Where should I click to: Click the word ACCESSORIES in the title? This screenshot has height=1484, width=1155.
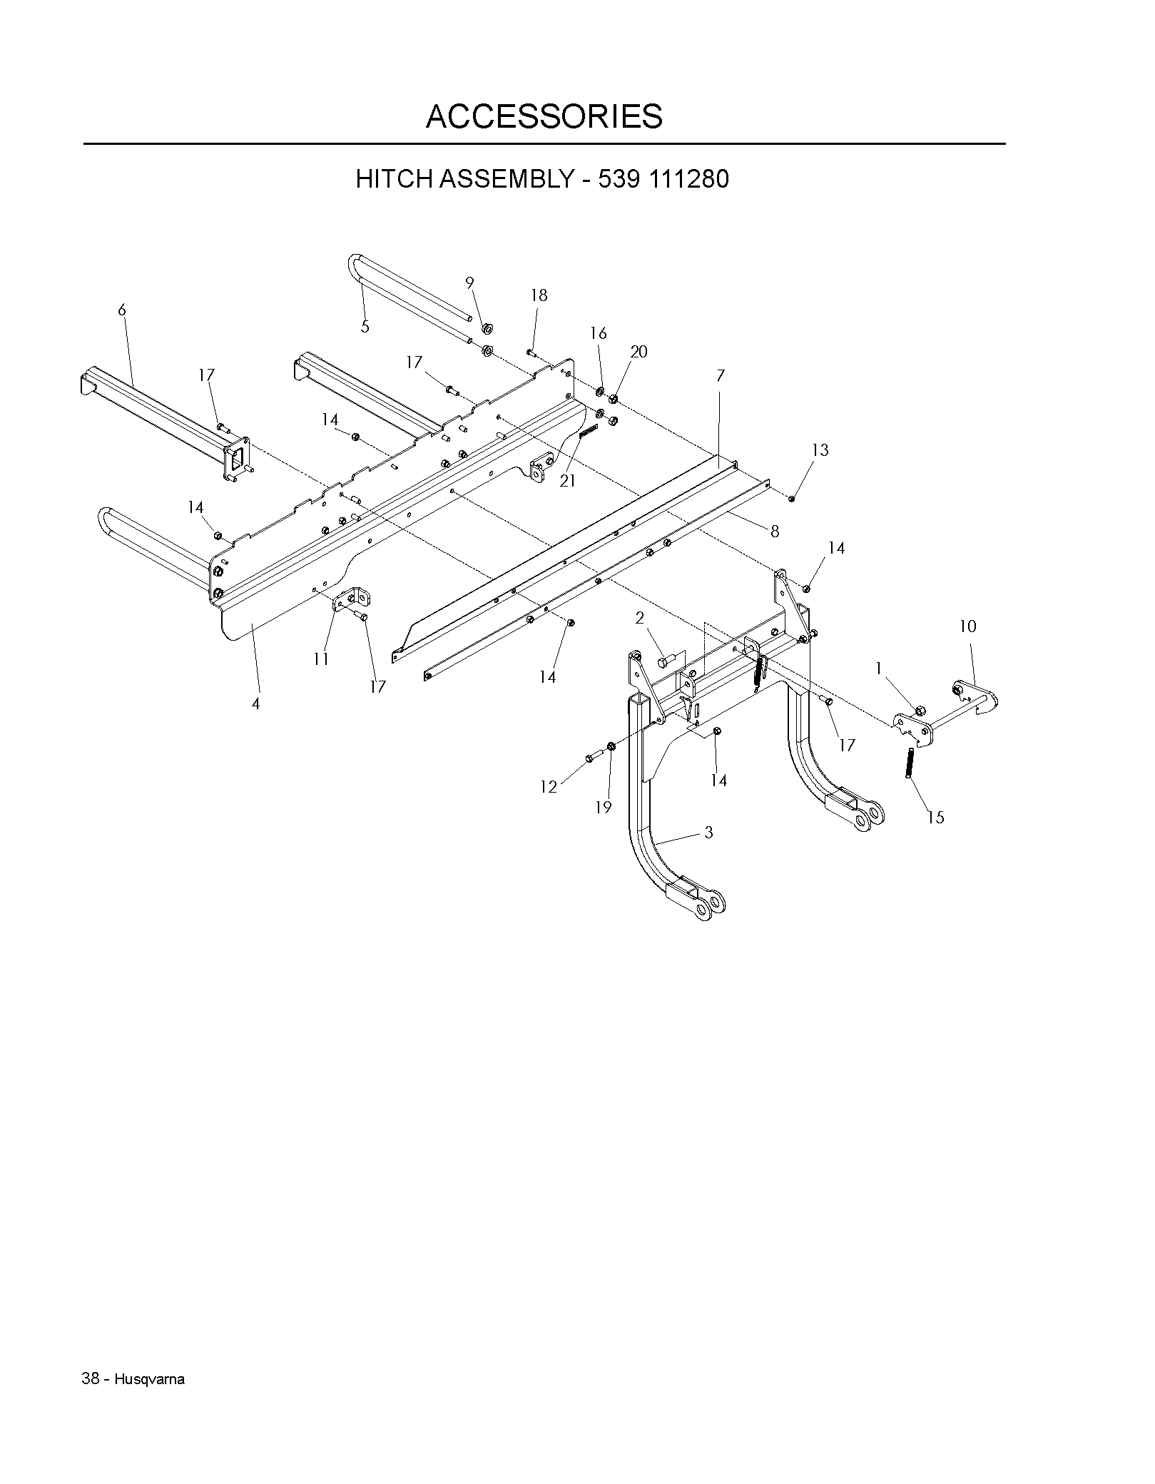coord(544,116)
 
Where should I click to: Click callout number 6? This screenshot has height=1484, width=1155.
coord(122,310)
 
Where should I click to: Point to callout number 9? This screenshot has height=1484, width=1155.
coord(469,283)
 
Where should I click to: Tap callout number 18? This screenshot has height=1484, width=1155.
coord(539,295)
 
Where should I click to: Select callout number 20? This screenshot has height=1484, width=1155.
coord(638,352)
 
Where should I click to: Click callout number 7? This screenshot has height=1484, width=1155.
coord(721,375)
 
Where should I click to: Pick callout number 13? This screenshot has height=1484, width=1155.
coord(820,450)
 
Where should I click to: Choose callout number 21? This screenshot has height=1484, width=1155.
coord(567,482)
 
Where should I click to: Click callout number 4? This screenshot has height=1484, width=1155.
coord(255,703)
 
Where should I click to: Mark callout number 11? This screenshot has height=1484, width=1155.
coord(321,659)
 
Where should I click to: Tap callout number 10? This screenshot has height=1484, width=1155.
coord(967,626)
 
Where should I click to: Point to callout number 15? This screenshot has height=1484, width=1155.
coord(935,818)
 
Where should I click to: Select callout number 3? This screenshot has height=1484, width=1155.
coord(708,833)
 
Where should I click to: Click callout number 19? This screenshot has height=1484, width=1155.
coord(604,807)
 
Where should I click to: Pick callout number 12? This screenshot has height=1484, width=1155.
coord(548,787)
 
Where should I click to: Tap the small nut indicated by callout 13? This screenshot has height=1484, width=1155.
coord(792,498)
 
